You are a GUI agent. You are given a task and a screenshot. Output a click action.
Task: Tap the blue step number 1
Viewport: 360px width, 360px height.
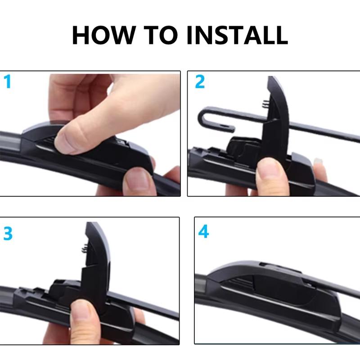coord(7,82)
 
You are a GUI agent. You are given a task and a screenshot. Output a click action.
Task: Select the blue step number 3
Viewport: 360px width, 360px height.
coord(8,234)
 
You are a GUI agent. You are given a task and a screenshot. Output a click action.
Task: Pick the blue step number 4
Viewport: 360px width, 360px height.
coord(203,232)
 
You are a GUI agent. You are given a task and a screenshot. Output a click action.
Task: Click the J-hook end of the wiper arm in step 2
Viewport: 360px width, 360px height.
coord(208,119)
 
